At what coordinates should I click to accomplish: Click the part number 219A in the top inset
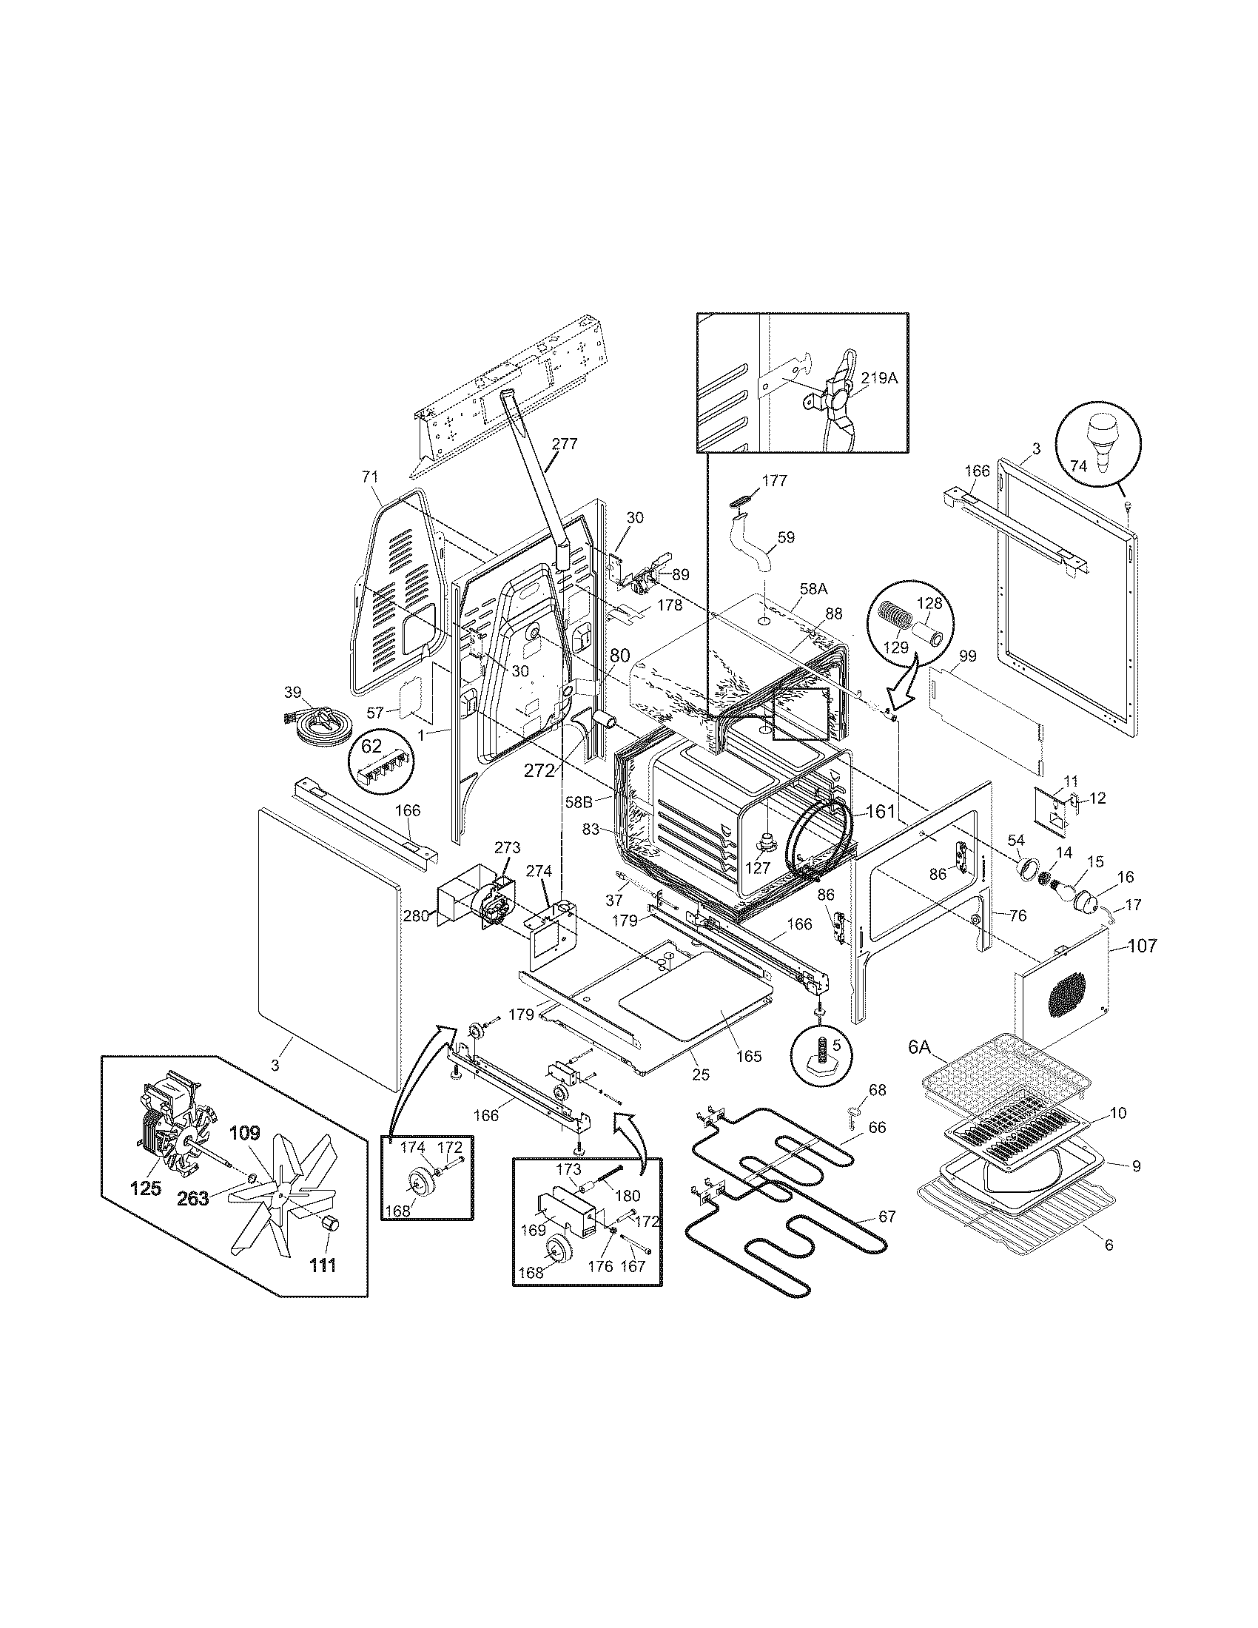pyautogui.click(x=881, y=378)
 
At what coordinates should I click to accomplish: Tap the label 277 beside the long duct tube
pyautogui.click(x=564, y=444)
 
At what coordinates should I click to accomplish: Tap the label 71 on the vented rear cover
pyautogui.click(x=371, y=477)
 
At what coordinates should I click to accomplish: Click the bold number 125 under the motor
pyautogui.click(x=146, y=1188)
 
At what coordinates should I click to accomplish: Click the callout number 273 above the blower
pyautogui.click(x=507, y=847)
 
